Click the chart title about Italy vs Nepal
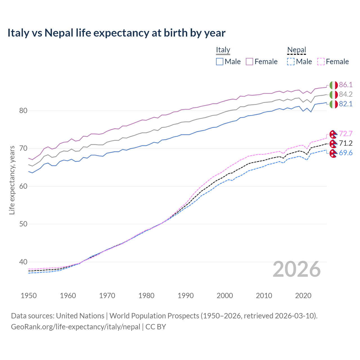tap(116, 33)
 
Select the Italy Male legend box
tap(220, 62)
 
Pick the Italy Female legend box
tap(249, 62)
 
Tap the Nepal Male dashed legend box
tap(291, 62)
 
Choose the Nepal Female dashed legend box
tap(321, 62)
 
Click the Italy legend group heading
tap(223, 50)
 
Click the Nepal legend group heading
tap(296, 50)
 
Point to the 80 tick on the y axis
tap(23, 111)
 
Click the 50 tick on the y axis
tap(23, 224)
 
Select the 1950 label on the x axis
tap(29, 296)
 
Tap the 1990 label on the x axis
tap(186, 296)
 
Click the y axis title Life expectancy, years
tap(12, 180)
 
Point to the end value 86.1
tap(346, 85)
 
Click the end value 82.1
tap(346, 104)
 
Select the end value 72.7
tap(346, 134)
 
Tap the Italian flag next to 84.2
tap(333, 94)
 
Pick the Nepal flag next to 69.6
tap(333, 153)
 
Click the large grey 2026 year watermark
tap(297, 269)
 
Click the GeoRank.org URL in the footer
tap(75, 327)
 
